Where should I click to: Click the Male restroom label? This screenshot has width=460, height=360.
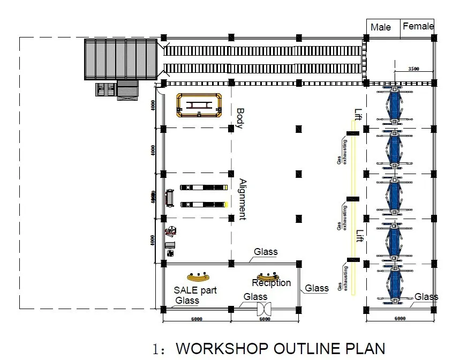coord(381,27)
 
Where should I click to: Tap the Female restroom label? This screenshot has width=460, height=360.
coord(418,26)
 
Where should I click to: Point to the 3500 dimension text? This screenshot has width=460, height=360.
coord(413,69)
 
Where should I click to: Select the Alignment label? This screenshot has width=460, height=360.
coord(242,199)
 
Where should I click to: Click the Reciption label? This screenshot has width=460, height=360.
coord(272,283)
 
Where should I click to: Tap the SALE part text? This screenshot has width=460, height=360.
coord(195,290)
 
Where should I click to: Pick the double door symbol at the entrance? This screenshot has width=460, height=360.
coord(265,309)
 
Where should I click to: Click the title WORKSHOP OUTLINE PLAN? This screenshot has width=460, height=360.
coord(280,348)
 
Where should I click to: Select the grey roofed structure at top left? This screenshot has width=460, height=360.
coord(120,59)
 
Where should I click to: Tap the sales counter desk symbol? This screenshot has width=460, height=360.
coord(198,277)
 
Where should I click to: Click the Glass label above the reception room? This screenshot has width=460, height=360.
coord(266,252)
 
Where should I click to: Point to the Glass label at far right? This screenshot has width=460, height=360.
coord(426,297)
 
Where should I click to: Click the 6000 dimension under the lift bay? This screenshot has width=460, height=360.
coord(399,319)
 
